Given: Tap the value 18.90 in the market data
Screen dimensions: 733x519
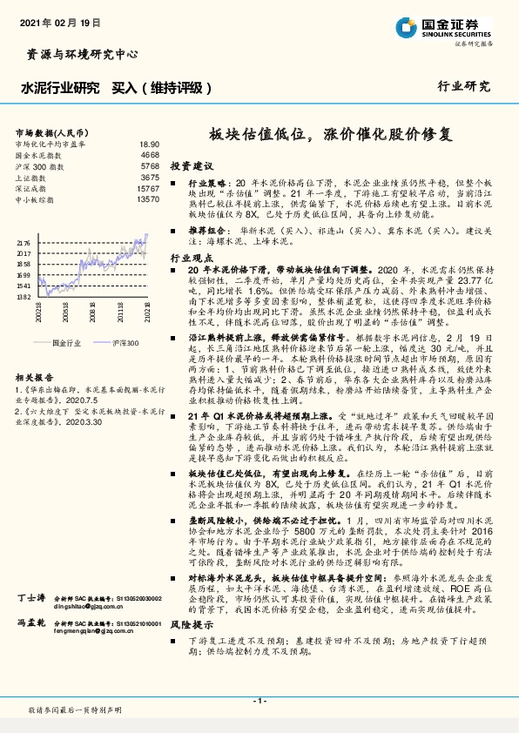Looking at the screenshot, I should pos(149,144).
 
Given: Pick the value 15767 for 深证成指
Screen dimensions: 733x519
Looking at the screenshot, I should pos(148,188).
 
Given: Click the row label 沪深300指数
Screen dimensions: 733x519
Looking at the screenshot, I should pos(37,165).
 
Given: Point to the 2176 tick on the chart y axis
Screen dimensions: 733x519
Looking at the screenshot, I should pos(24,243).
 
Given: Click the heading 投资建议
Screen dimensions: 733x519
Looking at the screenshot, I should pos(192,166).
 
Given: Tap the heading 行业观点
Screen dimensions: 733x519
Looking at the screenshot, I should pos(191,259).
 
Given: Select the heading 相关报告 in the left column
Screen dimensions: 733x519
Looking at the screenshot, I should pos(36,378).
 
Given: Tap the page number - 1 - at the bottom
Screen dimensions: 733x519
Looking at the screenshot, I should pos(259,701).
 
